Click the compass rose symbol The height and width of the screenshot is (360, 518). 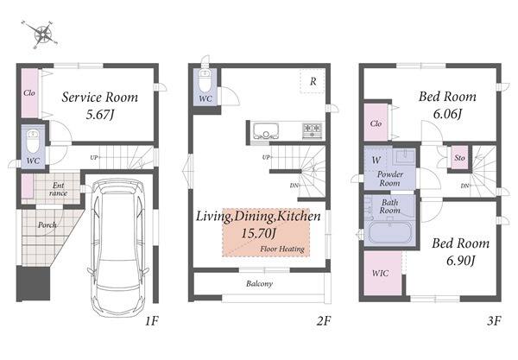pos(42,34)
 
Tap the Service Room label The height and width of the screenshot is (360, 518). pos(100,98)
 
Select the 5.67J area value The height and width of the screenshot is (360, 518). pos(100,115)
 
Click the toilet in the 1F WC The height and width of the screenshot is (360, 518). pos(33,141)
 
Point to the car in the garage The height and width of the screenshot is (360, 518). pos(118,248)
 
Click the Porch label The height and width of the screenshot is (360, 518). pos(47,225)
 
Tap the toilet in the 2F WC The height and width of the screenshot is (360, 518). pos(205,81)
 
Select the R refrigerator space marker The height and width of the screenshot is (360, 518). pos(313,81)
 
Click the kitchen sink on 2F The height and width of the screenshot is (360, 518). pos(266,131)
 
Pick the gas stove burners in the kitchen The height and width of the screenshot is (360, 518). pos(313,130)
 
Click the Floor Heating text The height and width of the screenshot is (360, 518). pos(282,249)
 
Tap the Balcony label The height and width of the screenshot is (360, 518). pos(259,284)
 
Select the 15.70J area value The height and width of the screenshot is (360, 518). pos(258,233)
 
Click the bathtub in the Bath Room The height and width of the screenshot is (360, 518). pos(390,233)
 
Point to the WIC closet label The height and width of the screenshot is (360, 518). pos(380,274)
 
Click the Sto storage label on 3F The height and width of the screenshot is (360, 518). pos(459,158)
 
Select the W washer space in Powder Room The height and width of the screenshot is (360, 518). pos(376,161)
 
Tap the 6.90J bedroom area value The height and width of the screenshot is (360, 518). pos(460,261)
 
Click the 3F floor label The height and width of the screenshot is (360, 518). pos(494,320)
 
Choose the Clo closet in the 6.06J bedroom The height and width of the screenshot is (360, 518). pos(376,123)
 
